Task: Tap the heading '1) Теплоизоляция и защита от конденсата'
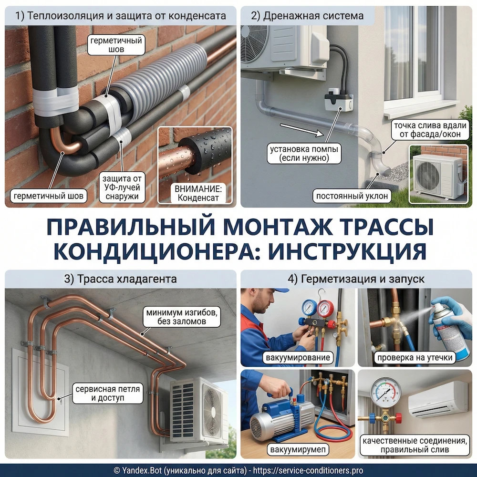121,16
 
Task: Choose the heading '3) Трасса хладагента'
121,279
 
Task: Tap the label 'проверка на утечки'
414,358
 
